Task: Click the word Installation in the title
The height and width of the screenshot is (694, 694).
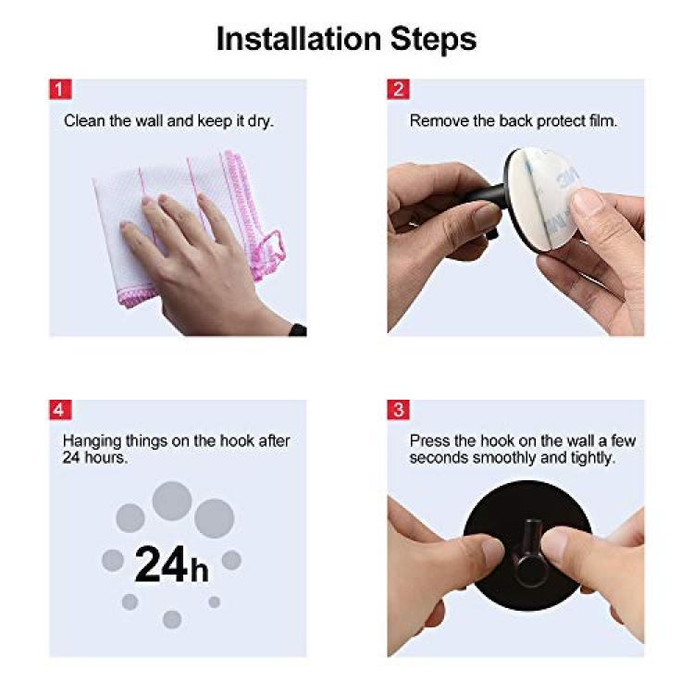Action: [x=299, y=39]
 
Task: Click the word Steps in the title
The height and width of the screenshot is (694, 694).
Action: [x=433, y=41]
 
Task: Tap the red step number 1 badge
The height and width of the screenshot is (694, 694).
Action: [x=60, y=90]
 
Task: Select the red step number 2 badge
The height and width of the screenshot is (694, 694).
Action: [x=398, y=90]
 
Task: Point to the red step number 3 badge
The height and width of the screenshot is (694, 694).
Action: [x=398, y=409]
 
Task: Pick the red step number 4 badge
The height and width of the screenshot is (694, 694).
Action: [x=60, y=409]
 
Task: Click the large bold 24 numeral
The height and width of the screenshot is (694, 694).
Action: [x=161, y=564]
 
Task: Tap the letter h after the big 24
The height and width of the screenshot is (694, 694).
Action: [x=200, y=569]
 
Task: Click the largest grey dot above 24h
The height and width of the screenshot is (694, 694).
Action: [x=172, y=501]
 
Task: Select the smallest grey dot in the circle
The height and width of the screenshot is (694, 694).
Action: [x=215, y=602]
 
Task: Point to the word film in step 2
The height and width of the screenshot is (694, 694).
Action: [x=602, y=120]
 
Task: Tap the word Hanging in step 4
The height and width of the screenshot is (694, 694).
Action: [x=93, y=441]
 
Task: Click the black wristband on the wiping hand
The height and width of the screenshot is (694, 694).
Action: [x=297, y=329]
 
